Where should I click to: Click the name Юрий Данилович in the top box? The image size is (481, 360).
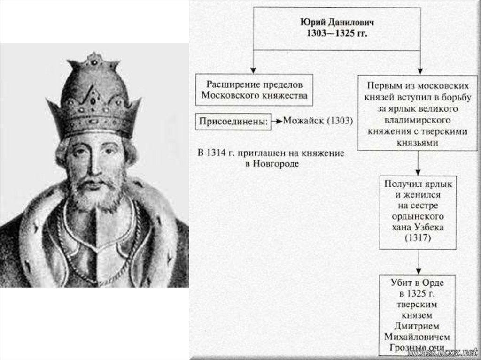[337, 23]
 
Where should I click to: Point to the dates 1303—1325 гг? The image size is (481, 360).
[337, 34]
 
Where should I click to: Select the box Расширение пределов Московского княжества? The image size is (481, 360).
[254, 90]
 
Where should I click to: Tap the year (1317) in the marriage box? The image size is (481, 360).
[418, 238]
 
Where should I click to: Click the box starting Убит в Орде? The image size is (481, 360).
[417, 314]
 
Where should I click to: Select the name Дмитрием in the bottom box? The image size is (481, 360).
[417, 326]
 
